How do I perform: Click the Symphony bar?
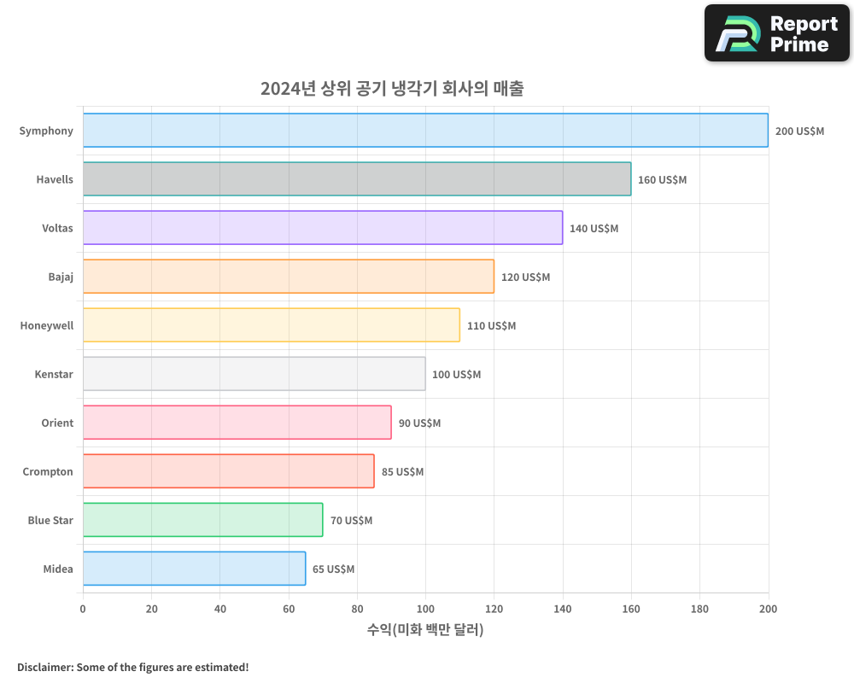pos(425,131)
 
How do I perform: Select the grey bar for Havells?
pos(357,179)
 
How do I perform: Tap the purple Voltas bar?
pos(323,228)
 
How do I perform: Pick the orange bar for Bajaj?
pos(289,277)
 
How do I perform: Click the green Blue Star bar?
pos(202,520)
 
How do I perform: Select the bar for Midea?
pos(194,569)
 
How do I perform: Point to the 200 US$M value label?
pos(799,131)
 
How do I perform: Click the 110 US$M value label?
pos(491,326)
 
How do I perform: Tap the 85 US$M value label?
pos(402,472)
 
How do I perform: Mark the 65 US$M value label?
pos(333,569)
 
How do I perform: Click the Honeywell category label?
pos(47,326)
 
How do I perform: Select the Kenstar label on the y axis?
pos(54,375)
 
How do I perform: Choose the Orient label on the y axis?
pos(57,423)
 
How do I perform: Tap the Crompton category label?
pos(48,472)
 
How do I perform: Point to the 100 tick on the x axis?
pos(425,609)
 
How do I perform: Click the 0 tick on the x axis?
pos(83,609)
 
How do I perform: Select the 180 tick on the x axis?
pos(699,609)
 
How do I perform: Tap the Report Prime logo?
pos(776,33)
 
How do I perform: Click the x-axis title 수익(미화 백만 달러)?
pos(425,630)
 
